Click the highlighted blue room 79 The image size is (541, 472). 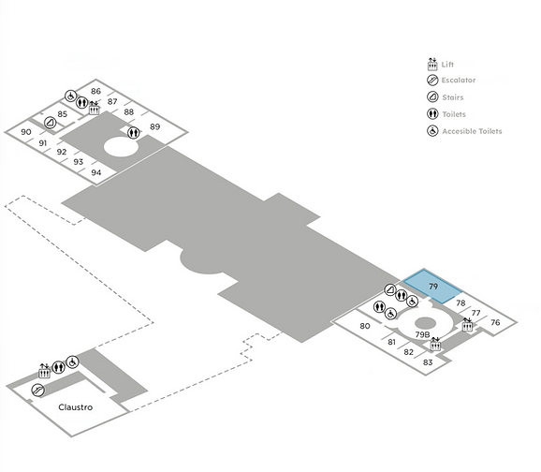(433, 287)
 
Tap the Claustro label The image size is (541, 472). (76, 407)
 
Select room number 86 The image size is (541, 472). (95, 91)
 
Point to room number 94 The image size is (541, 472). (96, 172)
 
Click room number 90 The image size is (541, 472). (26, 132)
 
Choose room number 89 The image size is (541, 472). (155, 126)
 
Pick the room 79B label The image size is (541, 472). (423, 334)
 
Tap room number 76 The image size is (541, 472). (495, 322)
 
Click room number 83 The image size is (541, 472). (428, 362)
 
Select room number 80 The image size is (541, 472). (365, 326)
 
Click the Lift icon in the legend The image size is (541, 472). (432, 65)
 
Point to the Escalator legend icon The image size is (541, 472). (432, 81)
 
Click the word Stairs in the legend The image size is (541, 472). (453, 97)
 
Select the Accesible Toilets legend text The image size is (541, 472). (472, 131)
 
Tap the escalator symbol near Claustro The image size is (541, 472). (37, 391)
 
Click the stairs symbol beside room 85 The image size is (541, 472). (51, 123)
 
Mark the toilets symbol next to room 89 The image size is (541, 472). (134, 132)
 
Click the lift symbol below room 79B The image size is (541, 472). (435, 345)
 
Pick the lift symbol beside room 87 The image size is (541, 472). (95, 109)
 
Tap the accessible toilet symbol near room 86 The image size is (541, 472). (71, 96)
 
